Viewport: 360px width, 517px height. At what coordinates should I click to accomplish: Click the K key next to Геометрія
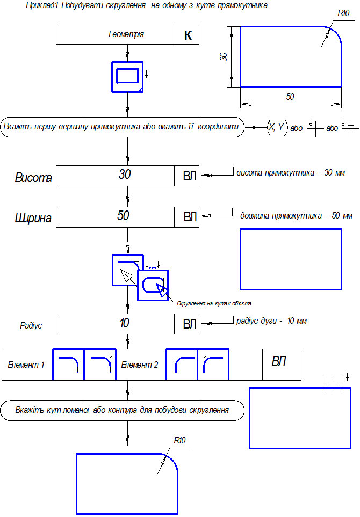(187, 35)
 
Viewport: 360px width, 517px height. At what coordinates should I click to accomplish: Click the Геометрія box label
(126, 35)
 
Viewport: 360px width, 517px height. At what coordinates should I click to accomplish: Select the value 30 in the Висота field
(125, 174)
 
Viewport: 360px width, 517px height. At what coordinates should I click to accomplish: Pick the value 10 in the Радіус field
(125, 323)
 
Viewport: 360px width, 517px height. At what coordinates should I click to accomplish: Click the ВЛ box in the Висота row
(190, 176)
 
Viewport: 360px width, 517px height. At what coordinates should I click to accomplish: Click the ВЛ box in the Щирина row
(190, 216)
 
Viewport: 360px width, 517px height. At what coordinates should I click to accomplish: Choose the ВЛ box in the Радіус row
(190, 324)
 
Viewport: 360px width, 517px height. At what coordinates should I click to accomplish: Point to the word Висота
(33, 178)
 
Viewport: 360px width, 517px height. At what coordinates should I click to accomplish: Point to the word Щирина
(33, 218)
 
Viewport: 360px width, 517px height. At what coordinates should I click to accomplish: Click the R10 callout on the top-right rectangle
(343, 13)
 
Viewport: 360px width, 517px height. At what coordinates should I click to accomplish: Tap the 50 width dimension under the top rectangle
(290, 97)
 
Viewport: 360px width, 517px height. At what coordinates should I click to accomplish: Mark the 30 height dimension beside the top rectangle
(224, 56)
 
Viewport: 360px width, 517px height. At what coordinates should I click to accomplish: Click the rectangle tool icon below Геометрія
(127, 77)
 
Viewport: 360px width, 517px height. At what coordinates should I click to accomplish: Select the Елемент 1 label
(26, 365)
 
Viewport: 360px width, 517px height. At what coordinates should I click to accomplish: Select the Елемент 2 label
(140, 365)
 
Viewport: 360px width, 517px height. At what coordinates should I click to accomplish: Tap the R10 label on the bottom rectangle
(179, 440)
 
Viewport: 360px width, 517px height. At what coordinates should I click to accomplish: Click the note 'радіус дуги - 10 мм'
(271, 321)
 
